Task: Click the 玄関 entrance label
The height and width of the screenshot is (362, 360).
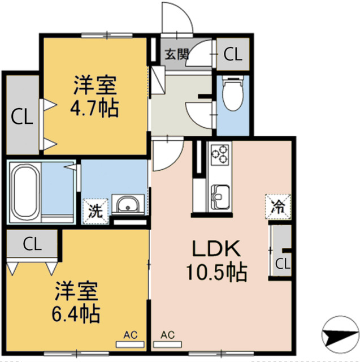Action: [176, 55]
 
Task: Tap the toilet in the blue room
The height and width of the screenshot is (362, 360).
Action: [232, 93]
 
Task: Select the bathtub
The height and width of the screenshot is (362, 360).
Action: [24, 192]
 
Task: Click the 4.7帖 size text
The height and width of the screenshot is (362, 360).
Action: [95, 107]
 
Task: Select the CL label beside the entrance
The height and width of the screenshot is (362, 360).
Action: [232, 54]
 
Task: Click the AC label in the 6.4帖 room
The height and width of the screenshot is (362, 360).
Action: [130, 335]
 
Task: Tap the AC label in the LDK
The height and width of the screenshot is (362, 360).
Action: [167, 335]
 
